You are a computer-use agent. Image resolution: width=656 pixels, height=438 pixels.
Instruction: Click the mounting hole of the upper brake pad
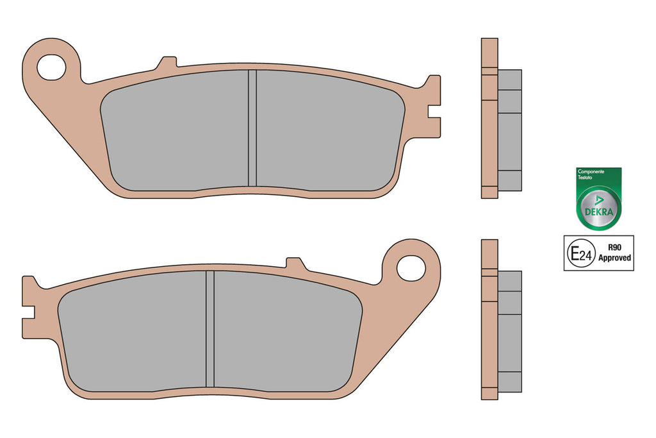pos(51,67)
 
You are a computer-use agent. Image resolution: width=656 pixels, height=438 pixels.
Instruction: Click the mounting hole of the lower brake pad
pos(411,268)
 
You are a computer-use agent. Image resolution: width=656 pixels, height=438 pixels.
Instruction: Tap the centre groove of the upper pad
pos(252,128)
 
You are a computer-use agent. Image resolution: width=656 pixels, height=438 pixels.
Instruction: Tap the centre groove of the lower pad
pos(210,329)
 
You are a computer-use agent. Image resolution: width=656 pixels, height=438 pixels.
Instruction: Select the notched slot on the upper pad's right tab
pos(434,112)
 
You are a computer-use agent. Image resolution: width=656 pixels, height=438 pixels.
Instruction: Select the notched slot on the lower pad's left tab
pos(28,312)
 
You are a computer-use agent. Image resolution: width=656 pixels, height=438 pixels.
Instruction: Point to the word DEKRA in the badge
pos(599,212)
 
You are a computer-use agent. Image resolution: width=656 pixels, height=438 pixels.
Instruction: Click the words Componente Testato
pos(589,174)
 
